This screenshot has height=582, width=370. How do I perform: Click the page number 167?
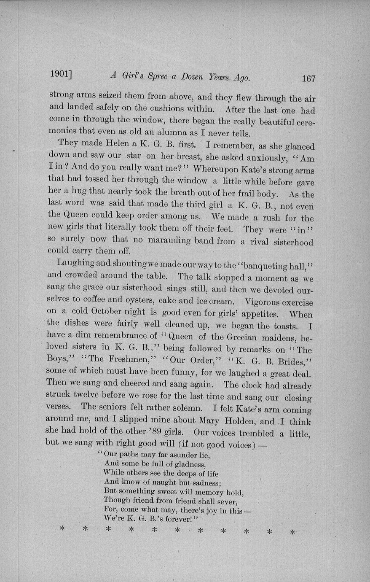(x=308, y=78)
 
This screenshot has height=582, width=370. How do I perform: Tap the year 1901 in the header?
(x=59, y=74)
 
